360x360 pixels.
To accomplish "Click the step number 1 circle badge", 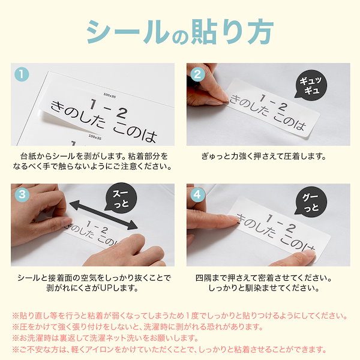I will tap(22, 74).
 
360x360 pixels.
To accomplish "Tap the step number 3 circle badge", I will tap(22, 194).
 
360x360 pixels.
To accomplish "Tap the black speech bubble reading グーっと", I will tap(313, 201).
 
